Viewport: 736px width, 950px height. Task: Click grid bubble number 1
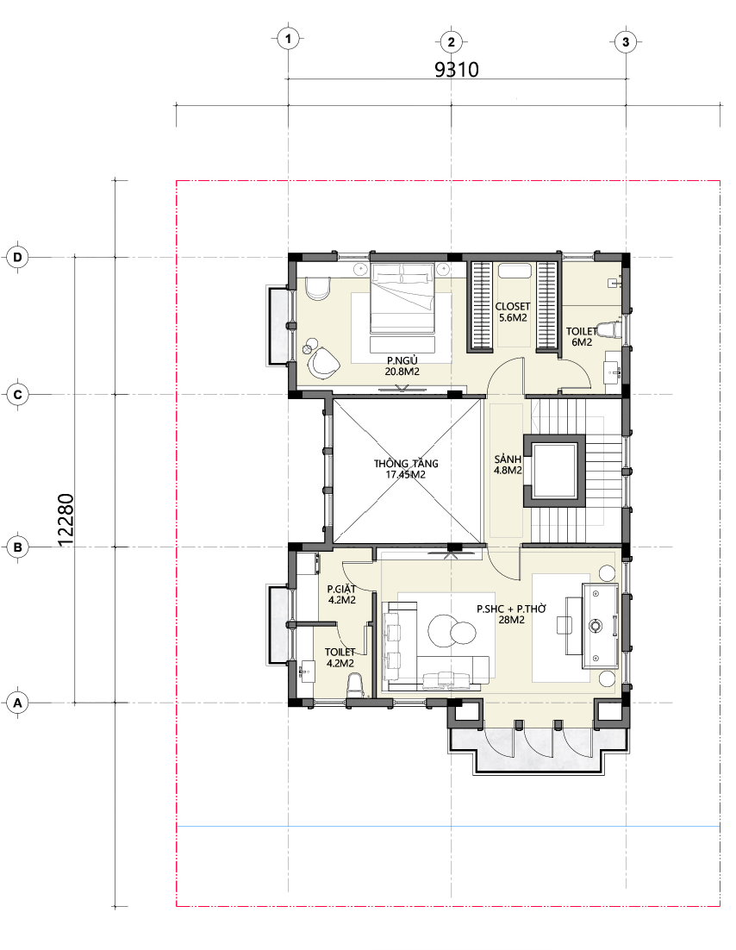(x=288, y=40)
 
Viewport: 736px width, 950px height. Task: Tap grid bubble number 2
(x=451, y=42)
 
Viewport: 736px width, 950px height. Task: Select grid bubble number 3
(x=626, y=42)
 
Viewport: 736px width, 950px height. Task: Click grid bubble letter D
(x=17, y=258)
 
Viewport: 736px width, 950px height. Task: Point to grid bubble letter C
(x=17, y=395)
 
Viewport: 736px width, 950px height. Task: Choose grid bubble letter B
(x=17, y=547)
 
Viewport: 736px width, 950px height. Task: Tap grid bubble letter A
(x=17, y=703)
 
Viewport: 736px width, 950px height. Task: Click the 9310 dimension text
(x=457, y=70)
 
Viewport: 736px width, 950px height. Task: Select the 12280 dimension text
(x=65, y=520)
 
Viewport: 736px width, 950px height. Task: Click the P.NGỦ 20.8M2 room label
(x=402, y=366)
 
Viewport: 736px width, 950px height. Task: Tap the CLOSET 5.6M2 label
(x=513, y=312)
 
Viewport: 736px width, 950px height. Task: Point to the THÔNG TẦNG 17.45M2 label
(x=406, y=469)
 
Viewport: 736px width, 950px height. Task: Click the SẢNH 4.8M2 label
(x=508, y=465)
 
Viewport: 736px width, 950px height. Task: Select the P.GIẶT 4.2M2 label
(x=341, y=594)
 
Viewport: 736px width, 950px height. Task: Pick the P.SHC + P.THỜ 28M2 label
(x=511, y=615)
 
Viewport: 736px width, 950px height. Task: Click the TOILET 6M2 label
(x=582, y=337)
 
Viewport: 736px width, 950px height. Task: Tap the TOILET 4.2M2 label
(x=340, y=658)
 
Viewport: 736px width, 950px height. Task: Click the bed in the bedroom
(x=402, y=298)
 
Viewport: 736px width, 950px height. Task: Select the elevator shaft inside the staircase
(x=555, y=470)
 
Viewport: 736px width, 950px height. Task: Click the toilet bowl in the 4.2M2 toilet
(x=355, y=686)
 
